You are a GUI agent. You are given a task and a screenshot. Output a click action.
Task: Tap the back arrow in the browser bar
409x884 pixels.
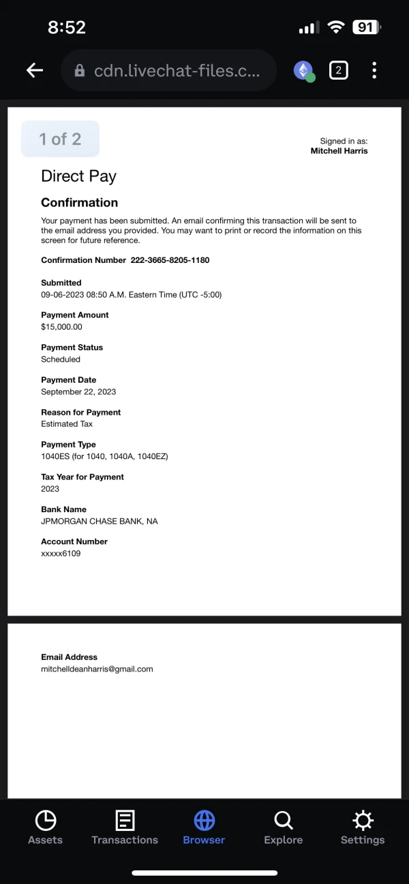(35, 70)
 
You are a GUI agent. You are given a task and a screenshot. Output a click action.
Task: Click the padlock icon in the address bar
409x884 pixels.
(80, 71)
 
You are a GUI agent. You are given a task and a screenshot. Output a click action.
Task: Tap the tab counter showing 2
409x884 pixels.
(338, 70)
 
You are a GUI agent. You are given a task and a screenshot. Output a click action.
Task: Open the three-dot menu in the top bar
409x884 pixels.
(374, 70)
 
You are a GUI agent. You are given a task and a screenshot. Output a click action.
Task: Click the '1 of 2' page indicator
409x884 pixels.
(60, 139)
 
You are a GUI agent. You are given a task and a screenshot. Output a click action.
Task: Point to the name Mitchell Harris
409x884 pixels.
(339, 151)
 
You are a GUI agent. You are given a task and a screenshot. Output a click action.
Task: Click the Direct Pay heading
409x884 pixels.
(78, 176)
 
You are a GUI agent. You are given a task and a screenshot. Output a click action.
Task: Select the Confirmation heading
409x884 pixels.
(79, 202)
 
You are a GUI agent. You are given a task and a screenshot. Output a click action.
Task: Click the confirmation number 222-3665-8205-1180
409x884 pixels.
(170, 260)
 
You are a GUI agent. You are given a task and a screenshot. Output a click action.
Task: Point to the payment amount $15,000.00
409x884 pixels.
(61, 327)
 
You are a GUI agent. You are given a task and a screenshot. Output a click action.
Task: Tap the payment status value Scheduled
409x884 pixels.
(61, 360)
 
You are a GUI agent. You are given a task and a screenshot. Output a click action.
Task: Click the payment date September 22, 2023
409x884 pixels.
(78, 392)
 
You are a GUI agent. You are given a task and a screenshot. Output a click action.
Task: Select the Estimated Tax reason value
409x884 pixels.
(67, 424)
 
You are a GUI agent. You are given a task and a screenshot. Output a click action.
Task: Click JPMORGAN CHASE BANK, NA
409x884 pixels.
(99, 521)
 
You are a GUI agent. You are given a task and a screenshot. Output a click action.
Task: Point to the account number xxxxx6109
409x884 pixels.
(61, 554)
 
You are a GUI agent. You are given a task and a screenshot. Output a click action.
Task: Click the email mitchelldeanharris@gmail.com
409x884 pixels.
(97, 669)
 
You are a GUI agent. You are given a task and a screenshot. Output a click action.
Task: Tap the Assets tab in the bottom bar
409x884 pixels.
(45, 827)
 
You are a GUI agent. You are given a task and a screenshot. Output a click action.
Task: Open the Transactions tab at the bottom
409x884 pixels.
(125, 827)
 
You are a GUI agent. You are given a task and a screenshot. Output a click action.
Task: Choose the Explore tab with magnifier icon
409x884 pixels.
(283, 827)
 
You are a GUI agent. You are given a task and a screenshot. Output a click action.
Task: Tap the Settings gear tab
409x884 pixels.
(362, 827)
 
